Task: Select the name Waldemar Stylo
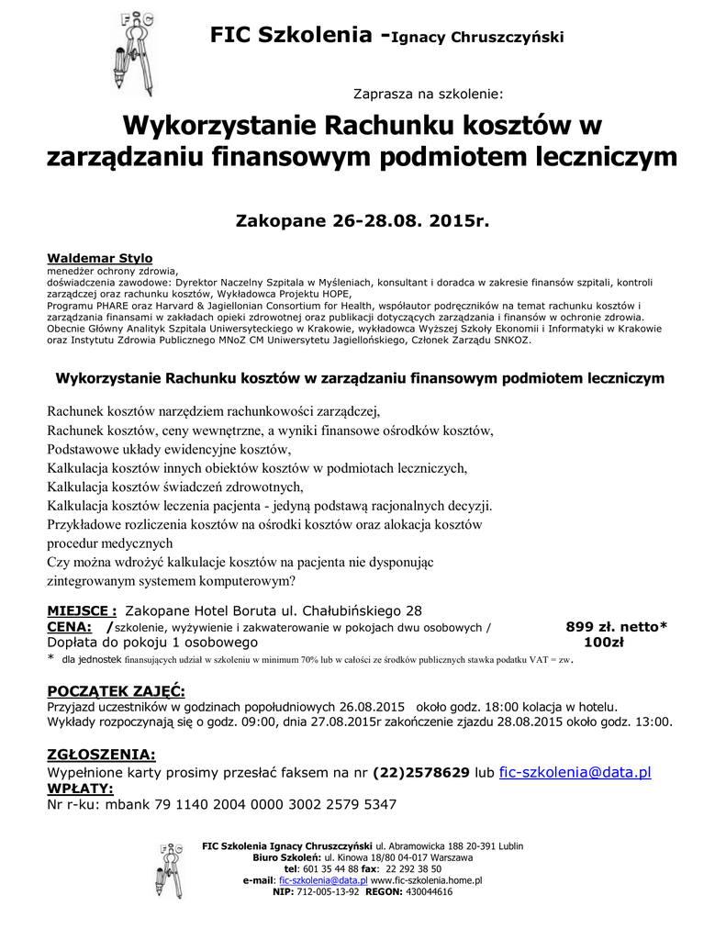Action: click(99, 258)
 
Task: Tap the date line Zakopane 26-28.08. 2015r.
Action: click(363, 221)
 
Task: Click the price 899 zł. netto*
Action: click(616, 627)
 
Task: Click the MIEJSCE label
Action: click(82, 610)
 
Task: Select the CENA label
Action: click(69, 627)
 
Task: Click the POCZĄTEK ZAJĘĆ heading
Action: click(116, 691)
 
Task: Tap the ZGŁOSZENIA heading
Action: click(101, 755)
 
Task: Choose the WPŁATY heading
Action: click(80, 788)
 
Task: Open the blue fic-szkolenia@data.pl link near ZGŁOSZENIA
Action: click(575, 772)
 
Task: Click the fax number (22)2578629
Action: click(421, 772)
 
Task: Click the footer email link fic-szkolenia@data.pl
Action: click(322, 879)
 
